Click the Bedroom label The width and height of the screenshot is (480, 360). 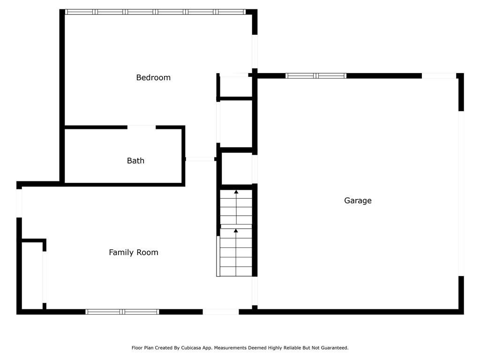(153, 77)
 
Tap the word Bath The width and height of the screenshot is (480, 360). (135, 161)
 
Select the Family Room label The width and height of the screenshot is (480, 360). (134, 252)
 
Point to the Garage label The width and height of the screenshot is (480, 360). (358, 201)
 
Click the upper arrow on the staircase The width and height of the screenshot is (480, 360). (236, 192)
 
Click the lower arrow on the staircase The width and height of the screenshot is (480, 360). (236, 231)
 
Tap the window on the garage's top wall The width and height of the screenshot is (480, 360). (316, 75)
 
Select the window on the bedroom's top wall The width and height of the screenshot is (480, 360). (155, 12)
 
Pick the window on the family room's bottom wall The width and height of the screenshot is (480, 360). (122, 311)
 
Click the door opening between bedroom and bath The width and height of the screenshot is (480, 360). (142, 127)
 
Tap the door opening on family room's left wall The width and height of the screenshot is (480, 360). (19, 202)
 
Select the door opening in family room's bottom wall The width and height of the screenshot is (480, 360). (221, 311)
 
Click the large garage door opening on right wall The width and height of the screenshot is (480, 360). (461, 193)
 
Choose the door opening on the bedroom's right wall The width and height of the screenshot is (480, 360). (255, 52)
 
